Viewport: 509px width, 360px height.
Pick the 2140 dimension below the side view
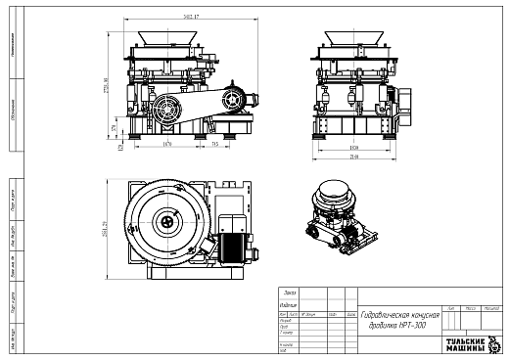(353, 155)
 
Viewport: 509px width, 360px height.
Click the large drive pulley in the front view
(164, 109)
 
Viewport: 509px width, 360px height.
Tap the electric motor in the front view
(235, 99)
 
